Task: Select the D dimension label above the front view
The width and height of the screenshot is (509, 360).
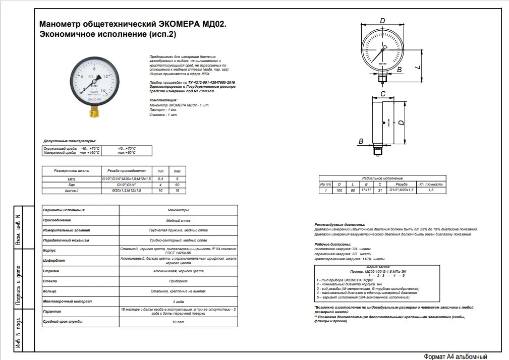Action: tap(382, 21)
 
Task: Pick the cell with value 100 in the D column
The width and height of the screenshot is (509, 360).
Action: tap(339, 190)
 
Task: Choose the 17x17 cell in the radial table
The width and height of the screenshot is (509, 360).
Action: tap(366, 190)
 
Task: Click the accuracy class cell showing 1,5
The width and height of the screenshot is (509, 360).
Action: tap(430, 190)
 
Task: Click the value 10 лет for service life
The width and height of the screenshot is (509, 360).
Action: tap(178, 321)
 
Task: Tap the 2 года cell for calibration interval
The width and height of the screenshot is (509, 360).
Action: tap(178, 301)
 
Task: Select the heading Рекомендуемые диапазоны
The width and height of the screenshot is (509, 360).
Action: tap(340, 224)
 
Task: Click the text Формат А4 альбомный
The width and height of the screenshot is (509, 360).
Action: tap(456, 355)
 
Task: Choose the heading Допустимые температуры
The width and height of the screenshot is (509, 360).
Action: tap(70, 141)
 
